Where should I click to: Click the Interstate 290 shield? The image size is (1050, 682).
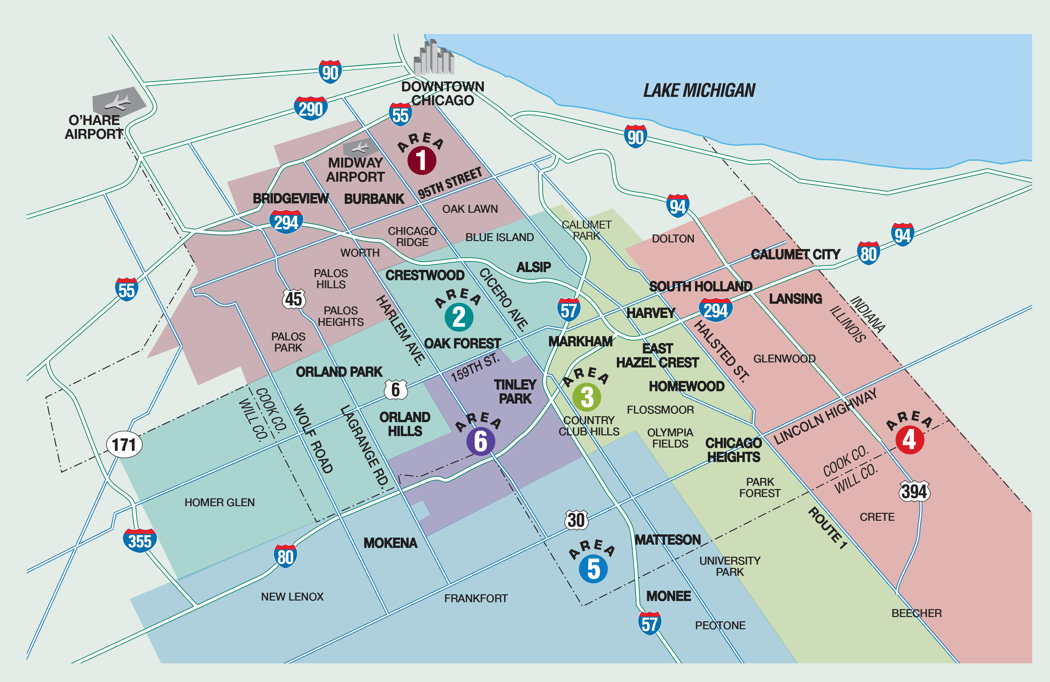310,108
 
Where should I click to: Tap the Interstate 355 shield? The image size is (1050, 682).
140,540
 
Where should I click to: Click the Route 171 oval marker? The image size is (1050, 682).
124,444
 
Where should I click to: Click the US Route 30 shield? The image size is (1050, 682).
576,520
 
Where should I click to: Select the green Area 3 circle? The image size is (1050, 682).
586,397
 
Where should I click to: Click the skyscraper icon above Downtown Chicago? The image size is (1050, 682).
434,57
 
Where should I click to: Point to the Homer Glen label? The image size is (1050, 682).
219,502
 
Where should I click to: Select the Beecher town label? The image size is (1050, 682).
916,613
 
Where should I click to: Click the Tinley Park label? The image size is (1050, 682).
515,391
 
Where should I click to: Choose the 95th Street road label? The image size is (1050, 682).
450,182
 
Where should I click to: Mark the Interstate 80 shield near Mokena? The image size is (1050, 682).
285,556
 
